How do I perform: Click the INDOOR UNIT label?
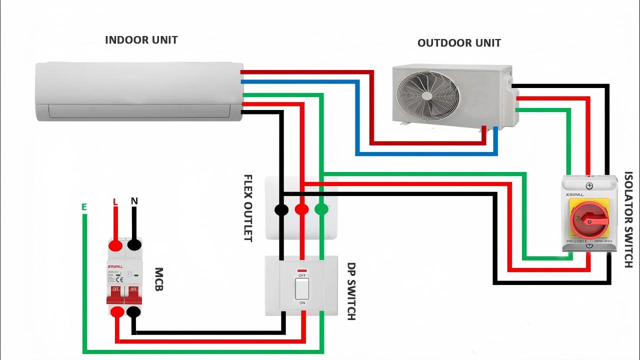[x=141, y=40]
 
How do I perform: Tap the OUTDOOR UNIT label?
[x=459, y=43]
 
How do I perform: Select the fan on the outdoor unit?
[x=427, y=95]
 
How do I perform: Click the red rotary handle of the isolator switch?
[x=590, y=219]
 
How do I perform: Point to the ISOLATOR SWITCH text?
[x=628, y=220]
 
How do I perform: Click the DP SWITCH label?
[x=351, y=291]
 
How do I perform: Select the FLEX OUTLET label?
[x=247, y=208]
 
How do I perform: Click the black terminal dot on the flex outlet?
[x=281, y=209]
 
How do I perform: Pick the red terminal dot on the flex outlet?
[x=301, y=209]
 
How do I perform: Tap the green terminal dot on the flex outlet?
[x=321, y=209]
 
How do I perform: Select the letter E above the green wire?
[x=84, y=207]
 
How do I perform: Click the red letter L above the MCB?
[x=115, y=202]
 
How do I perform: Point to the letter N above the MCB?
[x=134, y=201]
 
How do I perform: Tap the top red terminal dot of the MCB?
[x=115, y=245]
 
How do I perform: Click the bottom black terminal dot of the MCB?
[x=133, y=312]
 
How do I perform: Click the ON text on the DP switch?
[x=302, y=303]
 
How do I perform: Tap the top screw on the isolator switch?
[x=589, y=186]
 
